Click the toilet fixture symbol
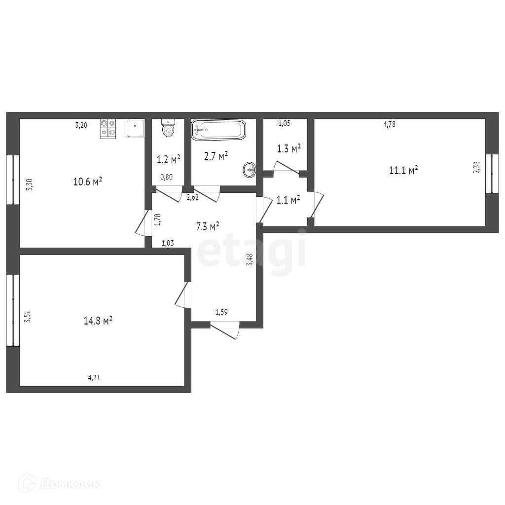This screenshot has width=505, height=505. coord(168,128)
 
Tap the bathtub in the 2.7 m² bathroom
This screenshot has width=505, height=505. coord(218,130)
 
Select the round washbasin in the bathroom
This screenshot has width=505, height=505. coord(250,170)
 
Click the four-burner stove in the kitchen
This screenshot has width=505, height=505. coord(108,129)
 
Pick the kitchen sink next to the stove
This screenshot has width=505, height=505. coord(135,129)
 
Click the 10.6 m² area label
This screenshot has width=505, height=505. coord(88,181)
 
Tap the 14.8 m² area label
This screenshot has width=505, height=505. coord(98,321)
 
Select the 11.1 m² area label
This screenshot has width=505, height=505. coord(403,170)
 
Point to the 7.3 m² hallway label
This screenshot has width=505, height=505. coord(208,226)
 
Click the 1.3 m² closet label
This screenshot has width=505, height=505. coord(289,148)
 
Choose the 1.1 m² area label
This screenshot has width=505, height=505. coord(289,200)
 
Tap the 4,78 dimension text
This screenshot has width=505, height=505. coord(390,124)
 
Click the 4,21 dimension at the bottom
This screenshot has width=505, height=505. coord(94,377)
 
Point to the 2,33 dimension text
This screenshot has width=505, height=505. coord(477,167)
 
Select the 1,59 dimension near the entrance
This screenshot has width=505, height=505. coord(221,312)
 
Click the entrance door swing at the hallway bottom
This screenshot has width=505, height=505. coord(225,330)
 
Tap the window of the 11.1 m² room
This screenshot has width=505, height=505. coord(492,174)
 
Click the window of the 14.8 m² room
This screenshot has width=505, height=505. coord(13,311)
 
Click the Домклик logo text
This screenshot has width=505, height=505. coord(60,484)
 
